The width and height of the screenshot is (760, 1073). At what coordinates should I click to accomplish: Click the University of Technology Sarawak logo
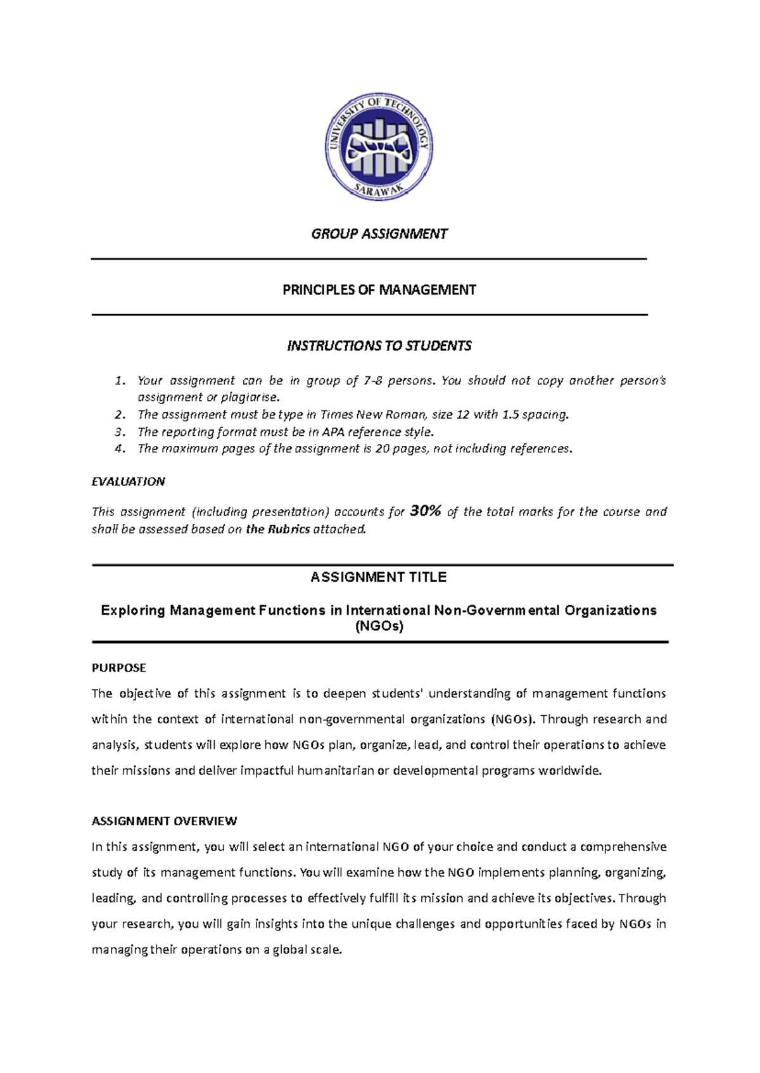point(379,147)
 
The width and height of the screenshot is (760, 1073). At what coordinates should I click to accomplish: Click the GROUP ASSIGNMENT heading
point(379,234)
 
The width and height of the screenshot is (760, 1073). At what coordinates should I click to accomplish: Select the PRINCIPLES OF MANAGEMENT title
point(379,290)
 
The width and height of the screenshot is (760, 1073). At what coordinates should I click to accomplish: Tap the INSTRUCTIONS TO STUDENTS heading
point(379,346)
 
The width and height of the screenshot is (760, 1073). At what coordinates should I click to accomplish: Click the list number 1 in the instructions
point(120,381)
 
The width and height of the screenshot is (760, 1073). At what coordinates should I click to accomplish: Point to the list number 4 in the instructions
point(120,448)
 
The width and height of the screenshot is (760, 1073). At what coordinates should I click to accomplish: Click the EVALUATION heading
point(128,481)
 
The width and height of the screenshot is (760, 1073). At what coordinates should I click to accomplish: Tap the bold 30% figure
point(426,511)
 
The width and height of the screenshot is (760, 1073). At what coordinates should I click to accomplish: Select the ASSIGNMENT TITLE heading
point(379,577)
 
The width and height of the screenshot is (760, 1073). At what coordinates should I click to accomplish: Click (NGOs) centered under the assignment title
point(379,626)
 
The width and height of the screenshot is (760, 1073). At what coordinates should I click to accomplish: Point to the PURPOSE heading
point(118,668)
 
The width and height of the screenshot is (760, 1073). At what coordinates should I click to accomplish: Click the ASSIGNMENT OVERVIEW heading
point(164,821)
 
